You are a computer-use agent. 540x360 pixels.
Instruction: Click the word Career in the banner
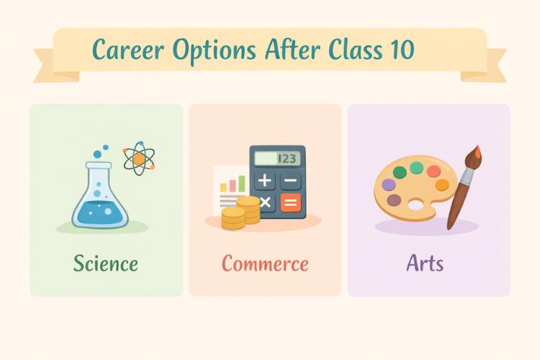point(126,50)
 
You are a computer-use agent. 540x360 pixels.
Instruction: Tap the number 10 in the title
point(400,50)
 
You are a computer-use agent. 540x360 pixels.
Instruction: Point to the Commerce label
point(265,263)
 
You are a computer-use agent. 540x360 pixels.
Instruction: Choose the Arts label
point(425,263)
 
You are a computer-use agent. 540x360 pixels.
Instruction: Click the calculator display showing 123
point(277,158)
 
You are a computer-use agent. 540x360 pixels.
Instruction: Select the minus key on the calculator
point(291,180)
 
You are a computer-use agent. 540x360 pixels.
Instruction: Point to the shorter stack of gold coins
point(233,218)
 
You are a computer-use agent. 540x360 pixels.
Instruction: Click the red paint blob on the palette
point(433,171)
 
